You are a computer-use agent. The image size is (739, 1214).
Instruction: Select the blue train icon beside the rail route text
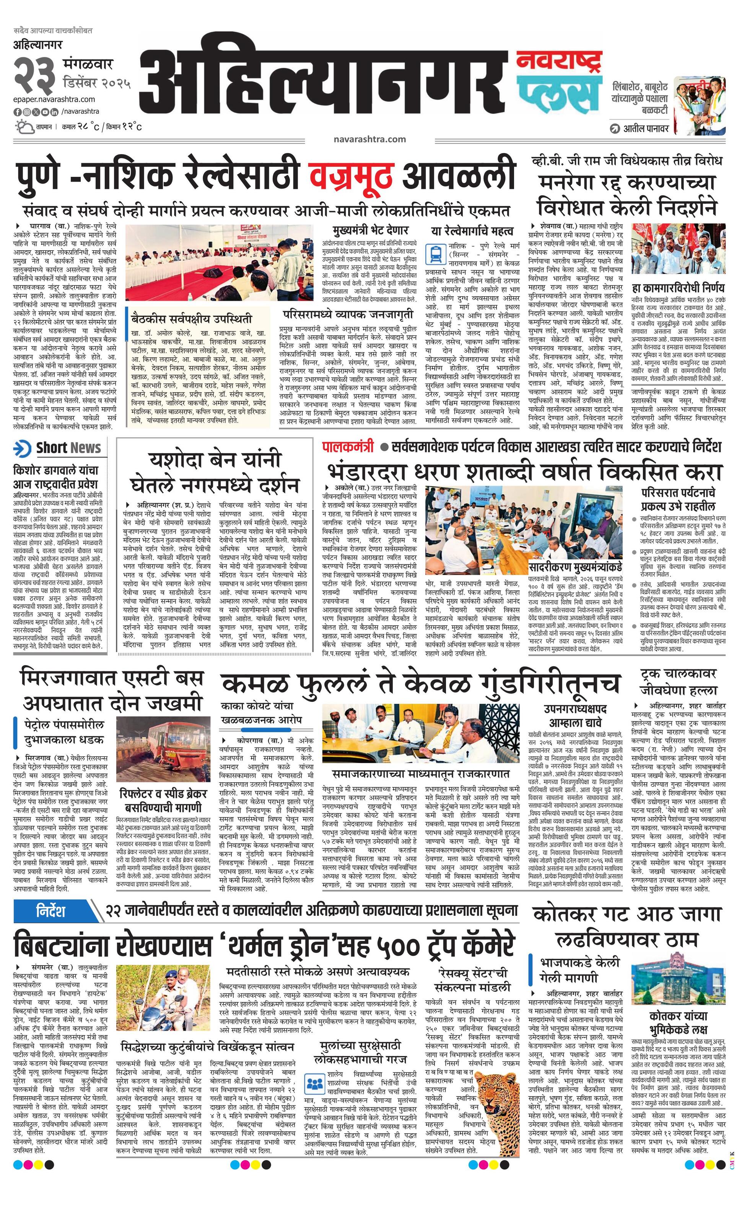click(435, 254)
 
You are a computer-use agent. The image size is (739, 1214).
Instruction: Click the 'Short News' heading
click(68, 448)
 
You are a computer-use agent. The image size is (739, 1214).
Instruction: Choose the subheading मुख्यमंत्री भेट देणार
click(370, 230)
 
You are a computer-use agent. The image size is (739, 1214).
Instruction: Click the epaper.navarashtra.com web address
click(54, 100)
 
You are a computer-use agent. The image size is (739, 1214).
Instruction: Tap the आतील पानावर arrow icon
click(614, 129)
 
